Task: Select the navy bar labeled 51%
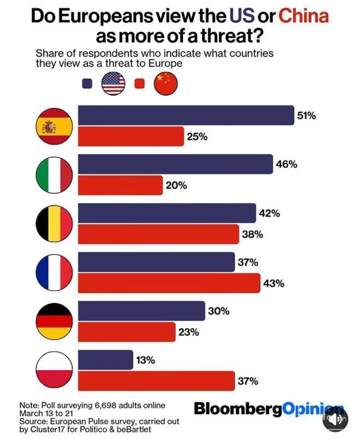tap(186, 116)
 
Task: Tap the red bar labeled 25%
tap(131, 137)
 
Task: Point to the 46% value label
tap(286, 164)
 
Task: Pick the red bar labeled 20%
tap(121, 185)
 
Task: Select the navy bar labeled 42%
tap(167, 214)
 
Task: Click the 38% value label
tap(253, 234)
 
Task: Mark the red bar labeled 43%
tap(169, 284)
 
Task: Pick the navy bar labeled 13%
tap(106, 360)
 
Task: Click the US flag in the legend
tap(113, 84)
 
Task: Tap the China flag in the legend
tap(166, 84)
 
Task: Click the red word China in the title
tap(303, 16)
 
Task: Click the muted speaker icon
tap(335, 419)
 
